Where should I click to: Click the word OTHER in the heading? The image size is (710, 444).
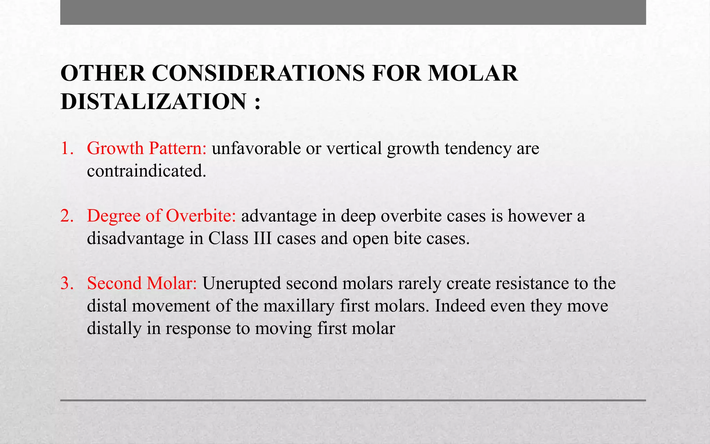(103, 73)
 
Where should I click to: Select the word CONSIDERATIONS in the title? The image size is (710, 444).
(258, 73)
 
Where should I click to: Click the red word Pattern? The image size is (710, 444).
(178, 148)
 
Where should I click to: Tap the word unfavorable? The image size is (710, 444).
(256, 148)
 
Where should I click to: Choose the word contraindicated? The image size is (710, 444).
(146, 171)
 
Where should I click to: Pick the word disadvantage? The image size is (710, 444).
(135, 238)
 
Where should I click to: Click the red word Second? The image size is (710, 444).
(114, 283)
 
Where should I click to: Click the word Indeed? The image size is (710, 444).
(460, 306)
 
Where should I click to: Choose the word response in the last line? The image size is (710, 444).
(198, 328)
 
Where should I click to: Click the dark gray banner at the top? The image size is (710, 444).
(353, 12)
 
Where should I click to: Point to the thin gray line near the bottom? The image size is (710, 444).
(353, 400)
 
